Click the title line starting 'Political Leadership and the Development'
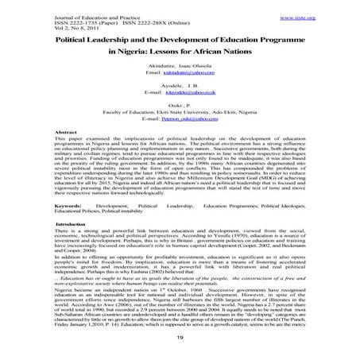180,41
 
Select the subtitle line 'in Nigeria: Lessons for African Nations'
180,55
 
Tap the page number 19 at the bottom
180,339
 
